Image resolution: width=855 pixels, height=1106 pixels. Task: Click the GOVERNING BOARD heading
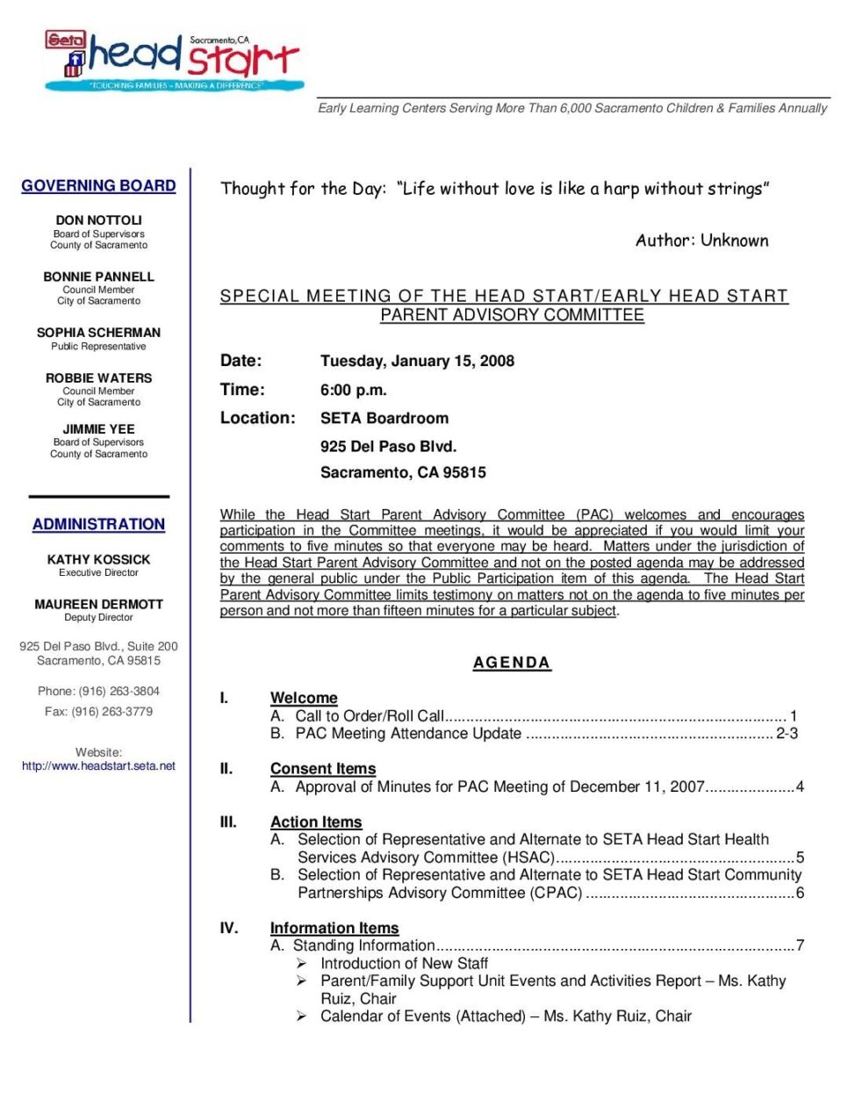98,186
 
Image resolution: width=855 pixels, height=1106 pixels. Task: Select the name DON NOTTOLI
98,220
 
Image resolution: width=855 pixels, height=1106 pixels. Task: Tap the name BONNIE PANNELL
98,276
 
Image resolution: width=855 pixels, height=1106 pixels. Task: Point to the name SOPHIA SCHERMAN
98,333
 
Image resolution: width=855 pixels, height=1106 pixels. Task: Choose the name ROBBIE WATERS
98,378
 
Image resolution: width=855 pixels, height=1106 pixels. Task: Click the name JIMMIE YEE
98,429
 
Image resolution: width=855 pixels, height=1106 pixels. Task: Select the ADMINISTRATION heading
98,524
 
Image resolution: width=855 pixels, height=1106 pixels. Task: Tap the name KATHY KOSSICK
98,559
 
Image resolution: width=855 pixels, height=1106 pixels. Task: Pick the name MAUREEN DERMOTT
98,605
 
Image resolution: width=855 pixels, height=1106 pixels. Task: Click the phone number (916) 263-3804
119,692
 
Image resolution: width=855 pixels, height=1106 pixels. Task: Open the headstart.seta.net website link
98,766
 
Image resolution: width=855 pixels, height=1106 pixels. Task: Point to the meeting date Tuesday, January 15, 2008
417,361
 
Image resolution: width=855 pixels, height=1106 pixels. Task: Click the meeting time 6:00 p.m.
353,390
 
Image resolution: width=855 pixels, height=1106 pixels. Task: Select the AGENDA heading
512,663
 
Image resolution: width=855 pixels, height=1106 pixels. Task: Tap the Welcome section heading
304,698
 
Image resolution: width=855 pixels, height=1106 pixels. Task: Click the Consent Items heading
323,769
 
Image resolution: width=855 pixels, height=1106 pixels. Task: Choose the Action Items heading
316,822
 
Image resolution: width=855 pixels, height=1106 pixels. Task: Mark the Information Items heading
334,928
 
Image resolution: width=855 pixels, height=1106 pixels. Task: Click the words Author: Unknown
701,241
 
